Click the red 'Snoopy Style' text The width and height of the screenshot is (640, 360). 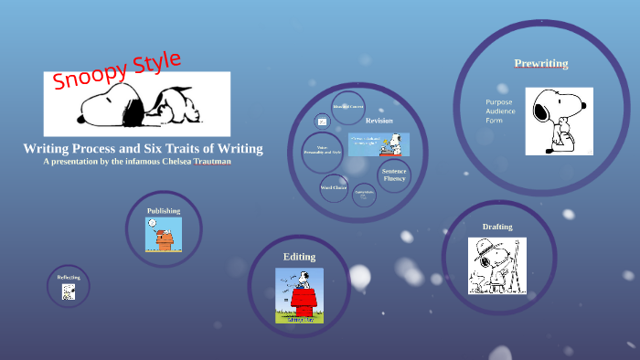(x=117, y=70)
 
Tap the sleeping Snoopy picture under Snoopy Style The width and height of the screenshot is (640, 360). (x=137, y=103)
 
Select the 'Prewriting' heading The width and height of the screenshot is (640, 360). (x=540, y=63)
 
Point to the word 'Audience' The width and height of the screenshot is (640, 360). (x=500, y=111)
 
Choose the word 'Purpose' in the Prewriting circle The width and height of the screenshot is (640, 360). (x=499, y=101)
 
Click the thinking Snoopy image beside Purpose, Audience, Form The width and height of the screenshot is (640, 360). (x=559, y=121)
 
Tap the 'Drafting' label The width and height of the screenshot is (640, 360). (x=497, y=226)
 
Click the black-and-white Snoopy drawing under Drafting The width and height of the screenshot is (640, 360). (x=497, y=265)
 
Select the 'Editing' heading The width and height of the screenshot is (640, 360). (x=299, y=257)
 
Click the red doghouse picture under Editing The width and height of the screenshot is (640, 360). (x=299, y=295)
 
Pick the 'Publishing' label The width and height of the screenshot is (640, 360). (x=164, y=211)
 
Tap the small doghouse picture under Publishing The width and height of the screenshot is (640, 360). (x=164, y=235)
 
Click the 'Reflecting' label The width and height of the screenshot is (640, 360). (x=69, y=277)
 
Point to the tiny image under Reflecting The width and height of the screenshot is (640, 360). (x=69, y=291)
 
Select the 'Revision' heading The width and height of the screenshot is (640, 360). (x=379, y=121)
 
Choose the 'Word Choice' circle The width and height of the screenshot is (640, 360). (x=334, y=187)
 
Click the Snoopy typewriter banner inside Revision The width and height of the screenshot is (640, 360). (x=379, y=143)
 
